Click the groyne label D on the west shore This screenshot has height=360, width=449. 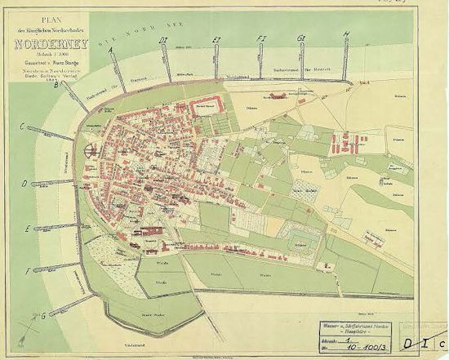pos(24,184)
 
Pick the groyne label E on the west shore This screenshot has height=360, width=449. pos(28,229)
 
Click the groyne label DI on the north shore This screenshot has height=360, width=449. pos(163,40)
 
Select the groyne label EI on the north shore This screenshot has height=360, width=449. pos(216,39)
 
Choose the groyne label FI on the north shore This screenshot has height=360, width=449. pos(260,38)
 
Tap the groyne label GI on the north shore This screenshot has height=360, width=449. pos(301,38)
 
